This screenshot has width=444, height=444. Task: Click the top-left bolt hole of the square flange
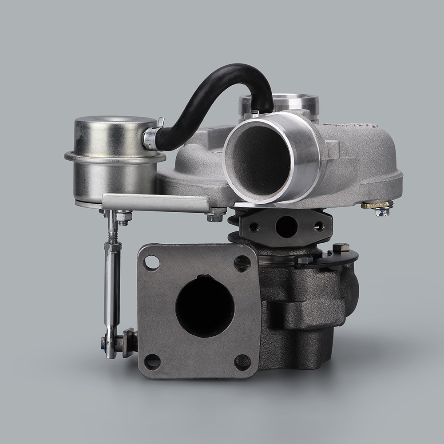pyautogui.click(x=152, y=263)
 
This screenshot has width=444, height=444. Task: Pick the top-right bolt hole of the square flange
pyautogui.click(x=242, y=264)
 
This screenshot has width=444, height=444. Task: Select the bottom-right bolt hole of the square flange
pyautogui.click(x=242, y=362)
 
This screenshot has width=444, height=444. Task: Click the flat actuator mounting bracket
pyautogui.click(x=155, y=202)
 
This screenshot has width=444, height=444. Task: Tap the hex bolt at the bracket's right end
pyautogui.click(x=215, y=217)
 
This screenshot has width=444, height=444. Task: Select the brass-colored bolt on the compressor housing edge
pyautogui.click(x=377, y=206)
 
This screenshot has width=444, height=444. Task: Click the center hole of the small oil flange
pyautogui.click(x=286, y=226)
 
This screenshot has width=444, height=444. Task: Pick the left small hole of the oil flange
pyautogui.click(x=254, y=227)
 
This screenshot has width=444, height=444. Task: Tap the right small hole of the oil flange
pyautogui.click(x=319, y=226)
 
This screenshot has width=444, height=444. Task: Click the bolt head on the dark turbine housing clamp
pyautogui.click(x=341, y=247)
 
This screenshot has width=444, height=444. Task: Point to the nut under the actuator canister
pyautogui.click(x=123, y=217)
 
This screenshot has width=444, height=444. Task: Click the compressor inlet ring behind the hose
pyautogui.click(x=293, y=103)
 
